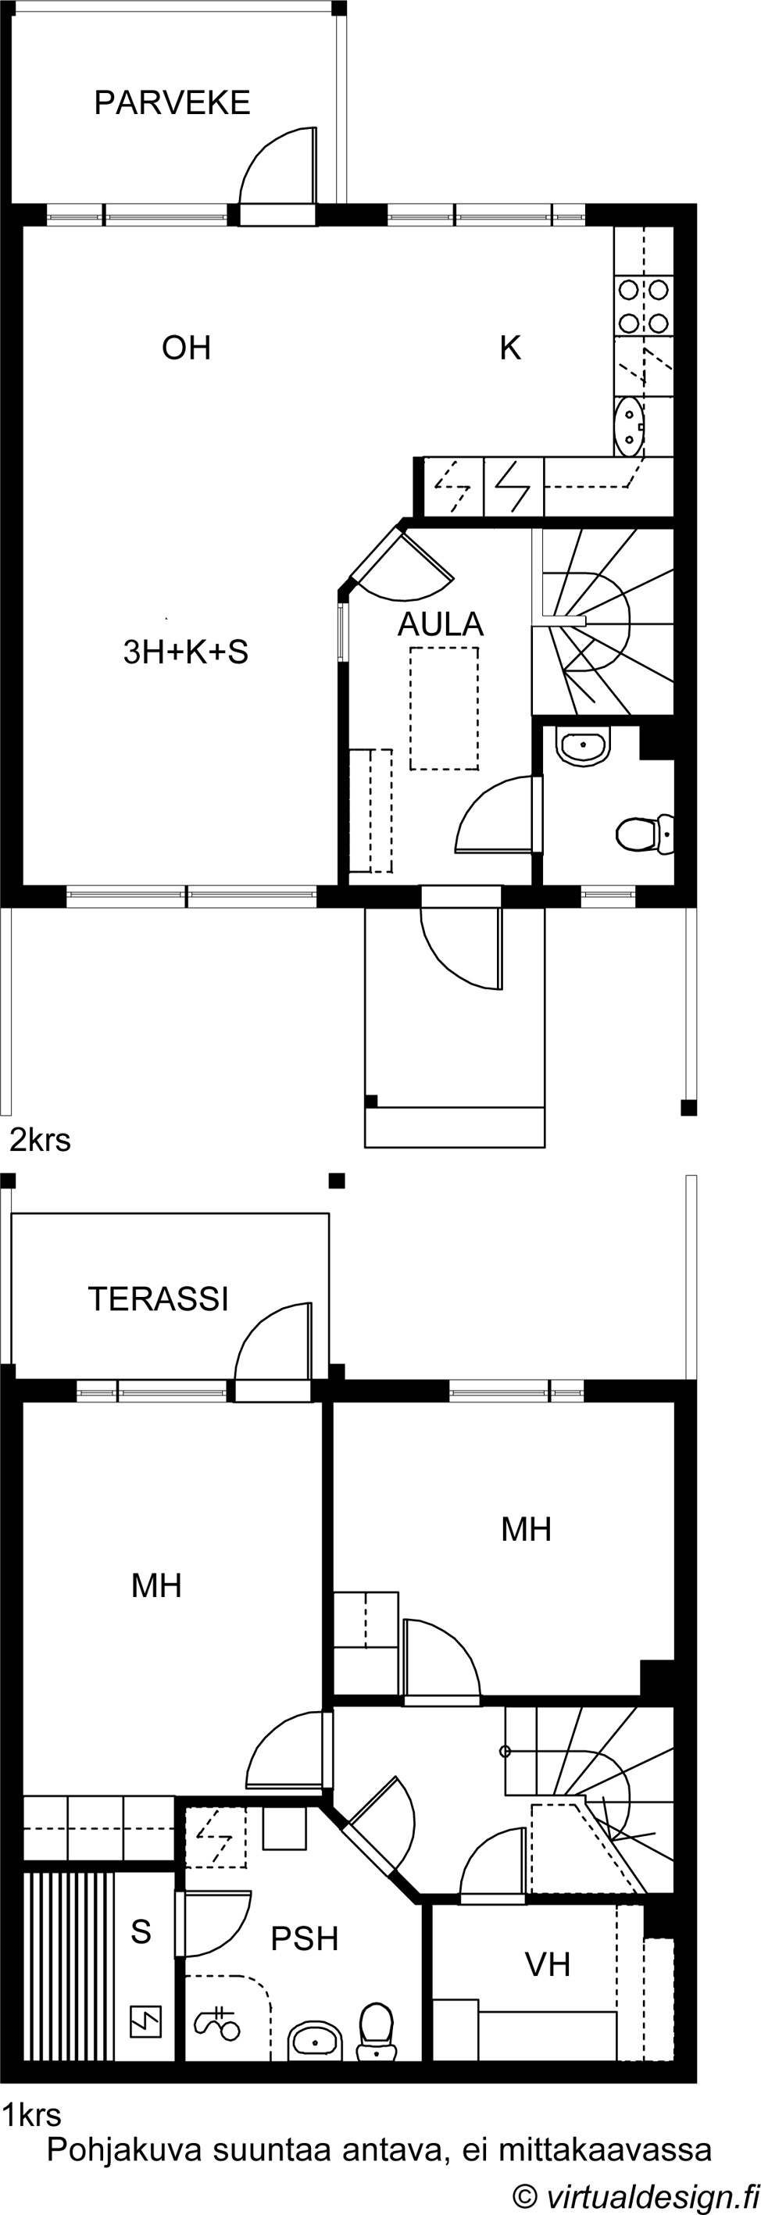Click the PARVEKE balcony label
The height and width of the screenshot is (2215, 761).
(x=172, y=102)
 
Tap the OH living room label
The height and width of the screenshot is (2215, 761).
(x=187, y=348)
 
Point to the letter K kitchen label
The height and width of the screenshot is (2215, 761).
(x=510, y=348)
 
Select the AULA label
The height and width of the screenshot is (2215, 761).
(x=440, y=624)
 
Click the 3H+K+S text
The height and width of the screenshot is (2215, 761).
(x=186, y=652)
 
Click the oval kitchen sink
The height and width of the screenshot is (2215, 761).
(x=631, y=426)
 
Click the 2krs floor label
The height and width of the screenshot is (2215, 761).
(x=40, y=1140)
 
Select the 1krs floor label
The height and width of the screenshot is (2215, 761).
(x=32, y=2114)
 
